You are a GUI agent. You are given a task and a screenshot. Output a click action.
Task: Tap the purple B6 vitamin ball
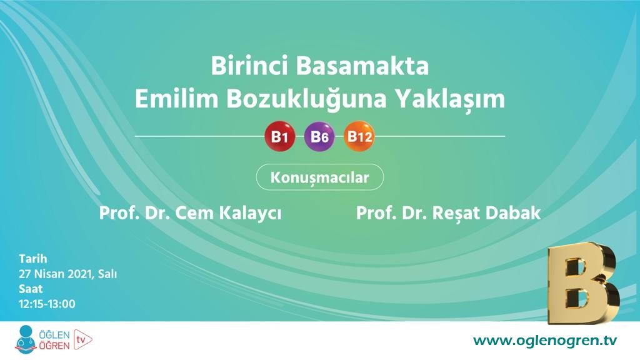pos(319,137)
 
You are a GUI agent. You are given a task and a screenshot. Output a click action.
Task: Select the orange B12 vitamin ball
pos(359,136)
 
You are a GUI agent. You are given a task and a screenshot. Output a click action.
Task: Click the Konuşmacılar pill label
pos(319,177)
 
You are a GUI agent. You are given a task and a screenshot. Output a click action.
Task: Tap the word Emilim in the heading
pos(168,100)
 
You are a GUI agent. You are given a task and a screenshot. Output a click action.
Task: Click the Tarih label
pos(32,259)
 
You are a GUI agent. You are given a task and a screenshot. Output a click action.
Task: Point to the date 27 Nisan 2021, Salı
pos(67,274)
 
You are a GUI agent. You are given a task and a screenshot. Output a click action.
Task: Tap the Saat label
pos(31,289)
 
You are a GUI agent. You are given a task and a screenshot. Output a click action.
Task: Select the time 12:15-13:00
pos(47,304)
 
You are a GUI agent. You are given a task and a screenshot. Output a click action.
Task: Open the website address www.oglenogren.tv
pos(544,340)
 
